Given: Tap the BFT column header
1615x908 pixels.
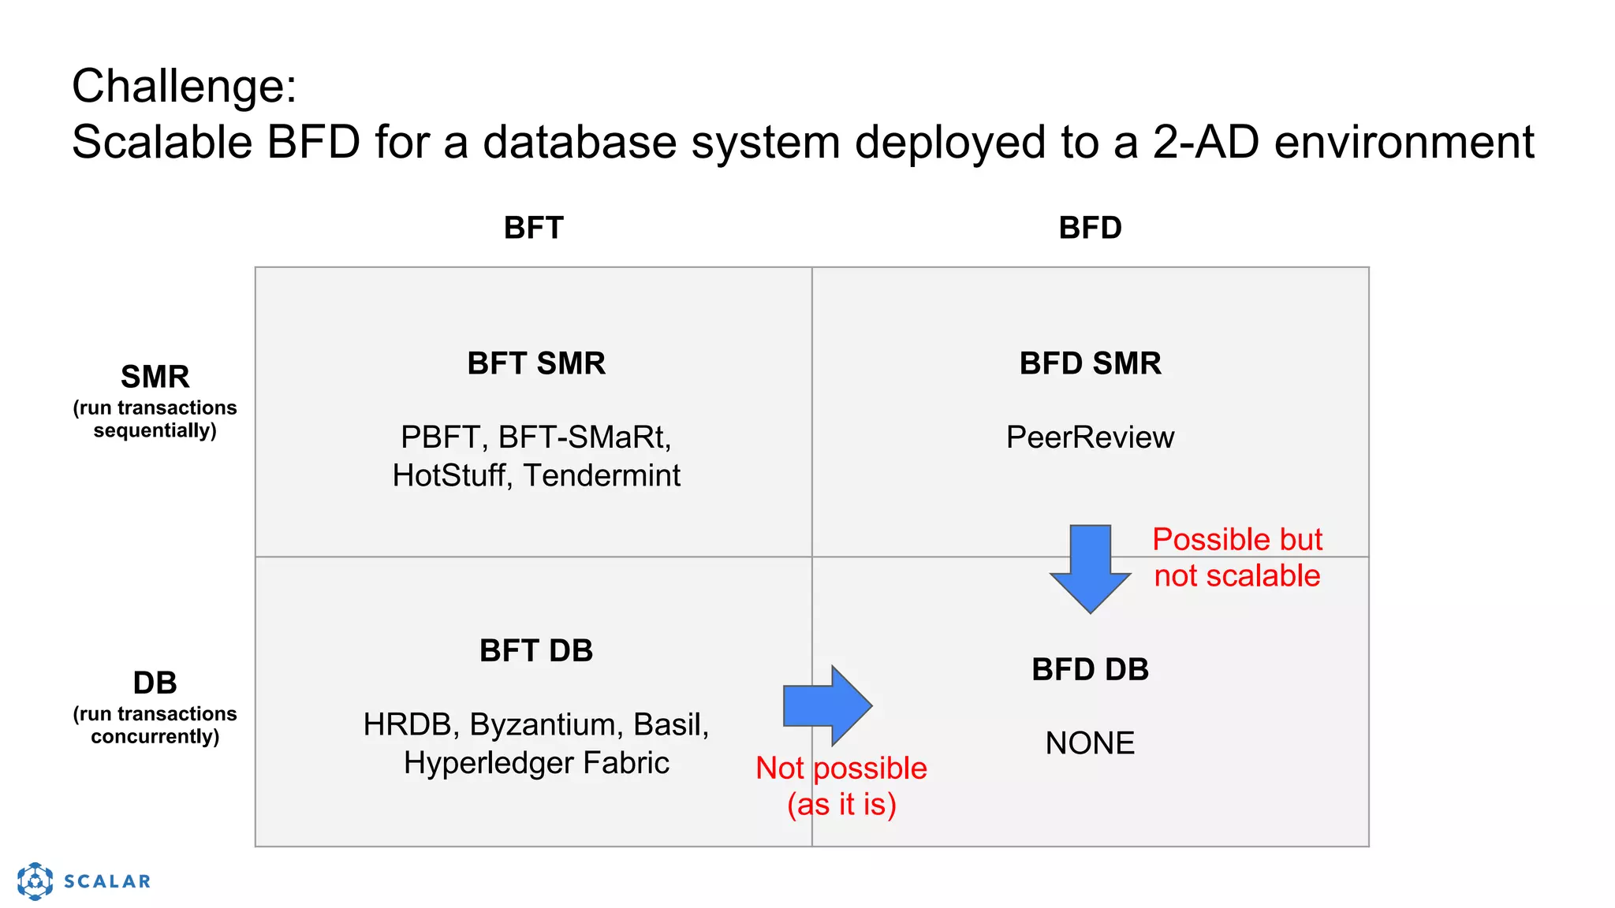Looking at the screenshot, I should coord(533,228).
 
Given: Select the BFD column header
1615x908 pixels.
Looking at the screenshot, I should coord(1090,228).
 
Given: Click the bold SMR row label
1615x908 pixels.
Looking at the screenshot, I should coord(155,377).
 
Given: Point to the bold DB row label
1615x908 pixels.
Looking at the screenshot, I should coord(155,683).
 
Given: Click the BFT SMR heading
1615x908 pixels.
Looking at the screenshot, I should coord(536,363).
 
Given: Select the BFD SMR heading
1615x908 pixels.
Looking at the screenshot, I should coord(1090,363).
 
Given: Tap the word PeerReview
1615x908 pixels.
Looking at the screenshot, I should coord(1090,437).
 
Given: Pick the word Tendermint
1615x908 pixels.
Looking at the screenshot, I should coord(602,475).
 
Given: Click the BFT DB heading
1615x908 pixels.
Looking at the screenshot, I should coord(536,650).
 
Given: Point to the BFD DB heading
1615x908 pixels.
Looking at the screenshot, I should coord(1090,669).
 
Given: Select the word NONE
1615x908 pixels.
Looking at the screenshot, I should coord(1090,742).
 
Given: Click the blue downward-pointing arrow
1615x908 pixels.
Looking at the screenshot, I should coord(1091,569).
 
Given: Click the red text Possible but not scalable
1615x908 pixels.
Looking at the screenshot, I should coord(1236,557).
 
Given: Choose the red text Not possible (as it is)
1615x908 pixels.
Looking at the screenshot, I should coord(841,786).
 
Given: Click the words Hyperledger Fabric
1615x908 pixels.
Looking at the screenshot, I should coord(536,762).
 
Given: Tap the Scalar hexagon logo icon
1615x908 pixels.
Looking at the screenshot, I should coord(35,880).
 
